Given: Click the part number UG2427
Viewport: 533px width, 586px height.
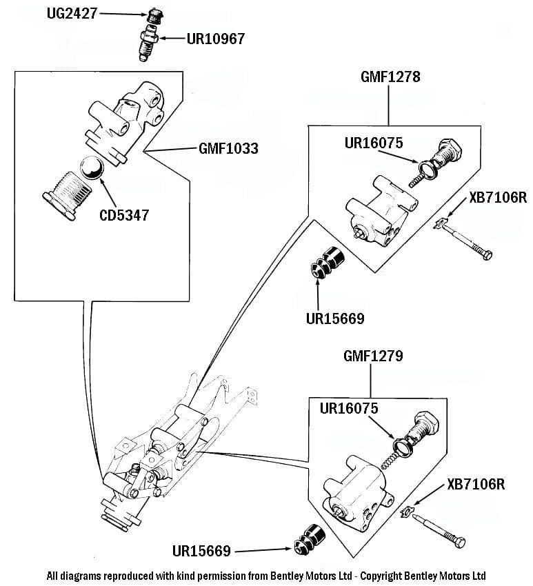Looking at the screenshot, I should pyautogui.click(x=72, y=13).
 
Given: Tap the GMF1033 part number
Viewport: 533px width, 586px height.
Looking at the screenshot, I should pyautogui.click(x=228, y=148).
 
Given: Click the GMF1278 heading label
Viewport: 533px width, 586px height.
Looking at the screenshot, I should pyautogui.click(x=390, y=77).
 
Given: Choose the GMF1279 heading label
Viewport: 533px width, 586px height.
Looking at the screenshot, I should pyautogui.click(x=372, y=356).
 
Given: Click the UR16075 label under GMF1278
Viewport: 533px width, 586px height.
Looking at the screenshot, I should pyautogui.click(x=374, y=143).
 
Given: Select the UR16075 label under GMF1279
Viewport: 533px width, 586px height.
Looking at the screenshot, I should pyautogui.click(x=348, y=408).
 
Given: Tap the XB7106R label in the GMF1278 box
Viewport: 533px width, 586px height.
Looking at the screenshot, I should pyautogui.click(x=497, y=198).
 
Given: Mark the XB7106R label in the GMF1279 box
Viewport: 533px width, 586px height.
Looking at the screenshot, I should pyautogui.click(x=476, y=484).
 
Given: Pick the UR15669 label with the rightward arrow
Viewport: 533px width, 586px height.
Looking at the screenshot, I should pyautogui.click(x=201, y=551).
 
